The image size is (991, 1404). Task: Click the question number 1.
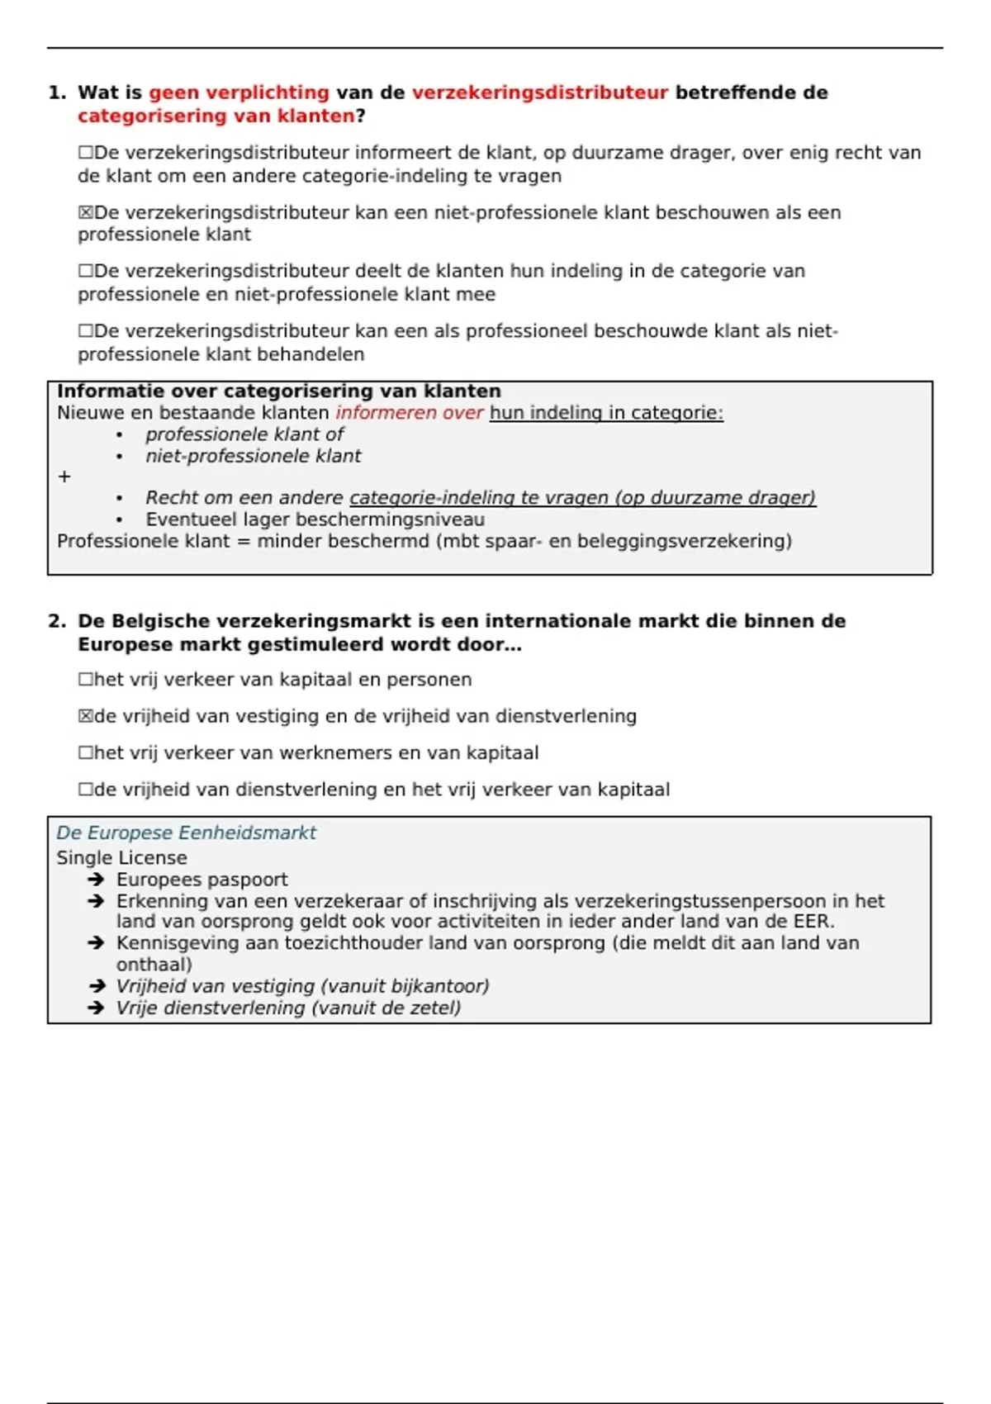57,92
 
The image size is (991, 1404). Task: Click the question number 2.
57,621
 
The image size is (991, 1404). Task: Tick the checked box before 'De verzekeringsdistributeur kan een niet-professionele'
85,212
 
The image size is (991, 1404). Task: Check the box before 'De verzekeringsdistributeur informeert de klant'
85,153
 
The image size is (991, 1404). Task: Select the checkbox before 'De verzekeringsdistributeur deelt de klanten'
85,271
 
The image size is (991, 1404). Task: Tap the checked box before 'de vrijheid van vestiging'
85,716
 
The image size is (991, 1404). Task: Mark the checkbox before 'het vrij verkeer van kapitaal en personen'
85,680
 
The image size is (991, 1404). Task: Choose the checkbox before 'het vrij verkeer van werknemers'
85,752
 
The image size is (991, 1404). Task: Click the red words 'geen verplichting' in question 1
239,92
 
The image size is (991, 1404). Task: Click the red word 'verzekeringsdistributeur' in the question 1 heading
539,92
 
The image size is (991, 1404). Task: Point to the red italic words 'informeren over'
409,412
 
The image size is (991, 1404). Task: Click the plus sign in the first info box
64,477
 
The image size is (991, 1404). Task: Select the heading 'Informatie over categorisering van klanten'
279,391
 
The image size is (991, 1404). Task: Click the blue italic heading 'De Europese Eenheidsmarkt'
186,832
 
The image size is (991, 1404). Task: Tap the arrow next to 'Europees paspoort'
96,880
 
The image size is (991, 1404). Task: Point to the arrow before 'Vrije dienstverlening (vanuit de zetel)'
96,1008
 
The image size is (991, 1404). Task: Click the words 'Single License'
121,857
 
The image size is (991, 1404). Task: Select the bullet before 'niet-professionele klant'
120,457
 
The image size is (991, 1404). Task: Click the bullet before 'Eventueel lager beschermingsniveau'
120,520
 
